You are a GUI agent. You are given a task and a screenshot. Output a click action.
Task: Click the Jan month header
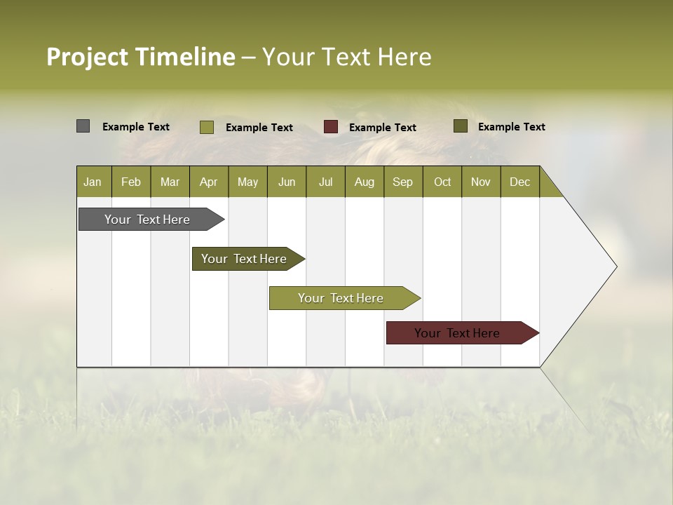pyautogui.click(x=93, y=182)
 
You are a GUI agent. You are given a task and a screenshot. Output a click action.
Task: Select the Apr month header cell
pyautogui.click(x=209, y=182)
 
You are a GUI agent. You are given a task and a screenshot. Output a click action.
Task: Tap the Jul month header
pyautogui.click(x=325, y=182)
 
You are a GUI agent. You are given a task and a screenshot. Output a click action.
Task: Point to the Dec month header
pyautogui.click(x=519, y=182)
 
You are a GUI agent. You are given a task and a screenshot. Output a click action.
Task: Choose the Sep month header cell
pyautogui.click(x=403, y=182)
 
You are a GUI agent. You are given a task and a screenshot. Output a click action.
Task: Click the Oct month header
pyautogui.click(x=442, y=182)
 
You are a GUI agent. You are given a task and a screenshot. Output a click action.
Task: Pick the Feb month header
pyautogui.click(x=131, y=182)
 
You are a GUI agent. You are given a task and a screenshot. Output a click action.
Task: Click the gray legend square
pyautogui.click(x=83, y=126)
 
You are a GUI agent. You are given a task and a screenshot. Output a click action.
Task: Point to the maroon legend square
pyautogui.click(x=331, y=127)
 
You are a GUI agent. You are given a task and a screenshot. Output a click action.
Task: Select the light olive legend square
pyautogui.click(x=207, y=127)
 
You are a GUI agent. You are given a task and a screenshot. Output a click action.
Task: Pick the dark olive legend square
pyautogui.click(x=461, y=126)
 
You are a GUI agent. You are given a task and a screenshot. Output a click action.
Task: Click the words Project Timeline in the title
pyautogui.click(x=141, y=57)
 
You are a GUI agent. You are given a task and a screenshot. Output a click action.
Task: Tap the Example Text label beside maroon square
pyautogui.click(x=382, y=128)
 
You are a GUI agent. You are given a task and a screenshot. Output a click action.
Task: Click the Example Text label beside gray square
pyautogui.click(x=136, y=127)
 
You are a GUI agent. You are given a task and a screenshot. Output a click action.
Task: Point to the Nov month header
pyautogui.click(x=481, y=182)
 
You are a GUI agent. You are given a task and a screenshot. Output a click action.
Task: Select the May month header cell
pyautogui.click(x=247, y=182)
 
